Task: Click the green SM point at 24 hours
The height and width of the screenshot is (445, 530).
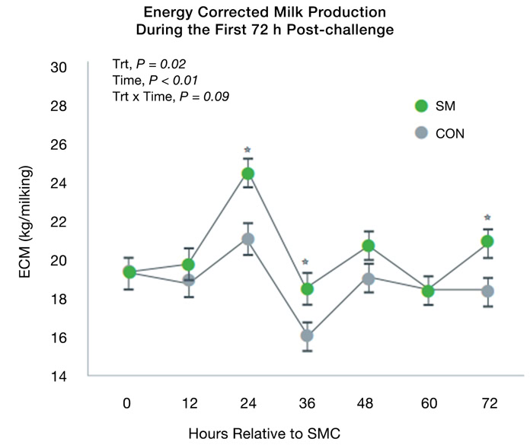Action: [247, 173]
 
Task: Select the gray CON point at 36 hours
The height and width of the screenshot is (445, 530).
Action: [306, 335]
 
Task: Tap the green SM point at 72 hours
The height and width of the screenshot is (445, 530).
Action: [488, 241]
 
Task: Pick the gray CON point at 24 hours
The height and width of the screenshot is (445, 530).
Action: [247, 239]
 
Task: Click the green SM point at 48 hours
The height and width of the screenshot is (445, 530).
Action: [368, 246]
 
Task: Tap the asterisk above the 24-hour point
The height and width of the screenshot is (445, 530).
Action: [247, 150]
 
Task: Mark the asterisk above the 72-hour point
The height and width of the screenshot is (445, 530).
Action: [488, 218]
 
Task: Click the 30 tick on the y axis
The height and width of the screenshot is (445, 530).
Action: [59, 68]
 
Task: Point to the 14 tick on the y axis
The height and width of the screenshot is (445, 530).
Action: [59, 377]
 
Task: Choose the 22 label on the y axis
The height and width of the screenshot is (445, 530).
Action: [59, 222]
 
